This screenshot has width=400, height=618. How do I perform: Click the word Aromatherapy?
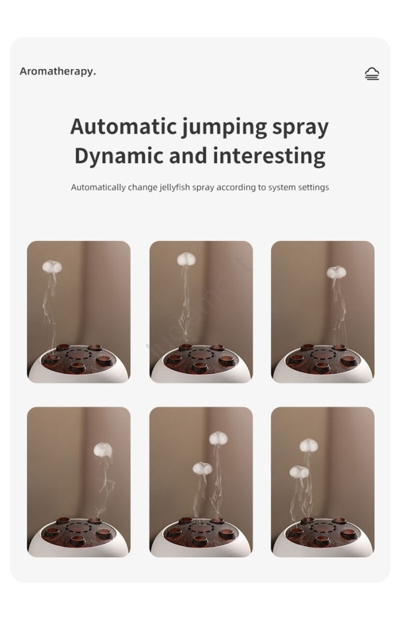tap(58, 72)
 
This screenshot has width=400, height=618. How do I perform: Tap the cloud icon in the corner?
tap(371, 74)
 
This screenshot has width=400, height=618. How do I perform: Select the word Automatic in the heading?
tap(123, 126)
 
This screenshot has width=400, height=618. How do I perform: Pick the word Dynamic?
tap(119, 156)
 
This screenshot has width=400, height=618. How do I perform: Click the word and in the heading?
tap(188, 156)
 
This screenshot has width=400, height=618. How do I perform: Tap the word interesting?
tap(269, 156)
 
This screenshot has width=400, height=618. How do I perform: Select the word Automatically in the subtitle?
tap(98, 187)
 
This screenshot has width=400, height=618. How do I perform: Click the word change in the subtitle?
tap(142, 188)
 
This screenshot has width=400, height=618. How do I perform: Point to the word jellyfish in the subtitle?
tap(174, 187)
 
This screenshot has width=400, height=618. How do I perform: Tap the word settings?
tap(313, 188)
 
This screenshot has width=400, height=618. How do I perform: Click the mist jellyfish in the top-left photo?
tap(52, 267)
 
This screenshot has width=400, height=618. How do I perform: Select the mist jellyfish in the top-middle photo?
tap(186, 259)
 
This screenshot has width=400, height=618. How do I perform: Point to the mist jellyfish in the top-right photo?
tap(336, 272)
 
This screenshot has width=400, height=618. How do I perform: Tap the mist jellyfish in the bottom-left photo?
tap(103, 450)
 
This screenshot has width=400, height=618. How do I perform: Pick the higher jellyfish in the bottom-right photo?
tap(309, 446)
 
